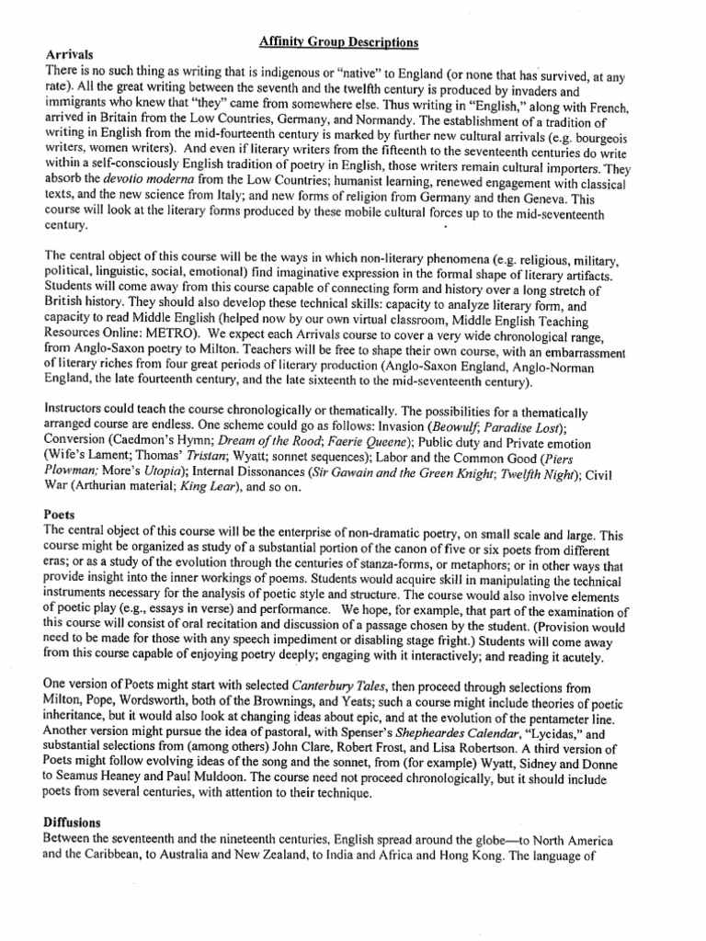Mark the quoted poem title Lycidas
click(558, 732)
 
